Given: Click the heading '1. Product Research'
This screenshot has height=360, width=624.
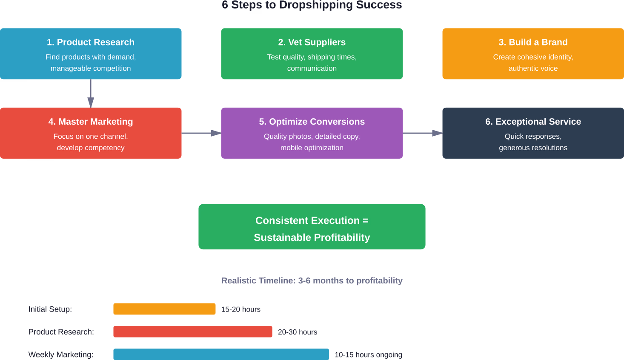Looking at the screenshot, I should (91, 42).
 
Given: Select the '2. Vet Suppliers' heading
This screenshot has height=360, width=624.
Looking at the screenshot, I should (312, 42).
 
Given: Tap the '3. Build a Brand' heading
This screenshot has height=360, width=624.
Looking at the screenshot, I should (533, 42).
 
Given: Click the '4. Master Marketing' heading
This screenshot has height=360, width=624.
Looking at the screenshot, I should (91, 122).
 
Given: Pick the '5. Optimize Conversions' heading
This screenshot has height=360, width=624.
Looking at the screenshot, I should (312, 122).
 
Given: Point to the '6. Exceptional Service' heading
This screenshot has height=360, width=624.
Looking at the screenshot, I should (533, 122).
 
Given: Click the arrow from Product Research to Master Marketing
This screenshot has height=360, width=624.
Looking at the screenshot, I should (91, 94).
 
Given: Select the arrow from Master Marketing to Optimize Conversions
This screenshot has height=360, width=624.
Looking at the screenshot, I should (201, 133).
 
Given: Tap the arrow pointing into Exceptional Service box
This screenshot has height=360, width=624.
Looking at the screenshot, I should (423, 133).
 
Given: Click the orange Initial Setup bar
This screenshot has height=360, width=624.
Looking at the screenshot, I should (164, 309).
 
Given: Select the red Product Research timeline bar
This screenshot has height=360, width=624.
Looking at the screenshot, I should (192, 332).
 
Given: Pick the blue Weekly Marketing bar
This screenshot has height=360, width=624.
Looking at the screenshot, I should (221, 354).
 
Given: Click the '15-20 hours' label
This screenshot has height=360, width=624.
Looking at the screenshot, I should (241, 309).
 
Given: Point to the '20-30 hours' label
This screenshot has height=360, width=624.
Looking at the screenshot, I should (298, 332).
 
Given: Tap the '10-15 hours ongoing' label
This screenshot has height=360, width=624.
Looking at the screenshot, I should (368, 354).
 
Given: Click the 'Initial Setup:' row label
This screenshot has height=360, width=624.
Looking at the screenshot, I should (50, 309).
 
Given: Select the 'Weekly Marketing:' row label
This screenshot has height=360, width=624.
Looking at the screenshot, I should (61, 354).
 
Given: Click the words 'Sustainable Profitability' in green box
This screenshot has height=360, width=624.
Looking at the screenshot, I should (312, 237).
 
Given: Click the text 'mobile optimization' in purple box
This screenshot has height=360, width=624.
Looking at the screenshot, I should (312, 148).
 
